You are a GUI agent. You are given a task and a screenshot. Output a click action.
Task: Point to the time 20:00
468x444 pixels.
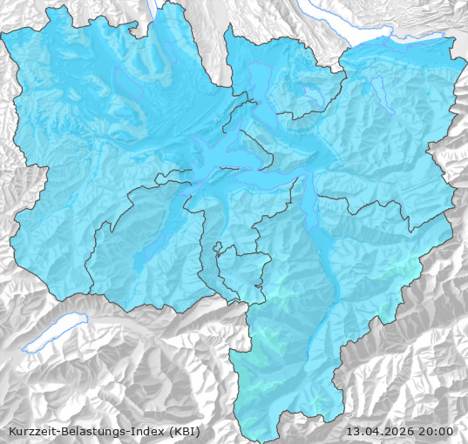coord(436,431)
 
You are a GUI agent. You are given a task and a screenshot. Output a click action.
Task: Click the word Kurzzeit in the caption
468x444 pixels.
coord(32,431)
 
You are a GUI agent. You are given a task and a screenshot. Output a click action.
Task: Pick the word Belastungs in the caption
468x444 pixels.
coord(94,431)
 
